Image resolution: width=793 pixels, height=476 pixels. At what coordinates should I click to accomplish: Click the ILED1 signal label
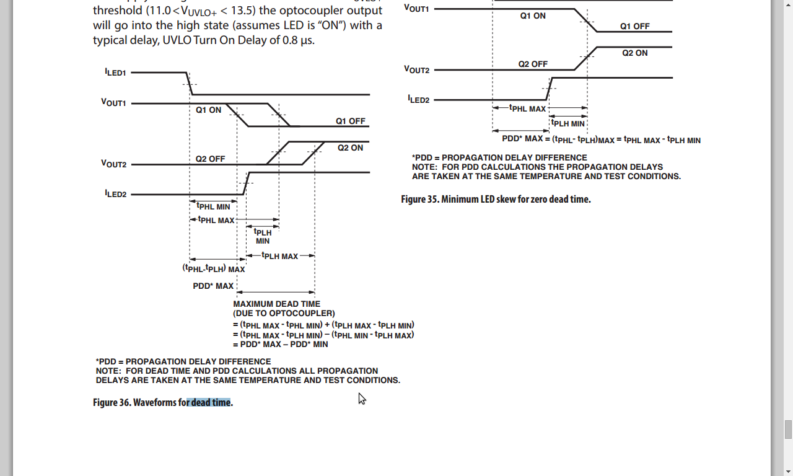point(115,73)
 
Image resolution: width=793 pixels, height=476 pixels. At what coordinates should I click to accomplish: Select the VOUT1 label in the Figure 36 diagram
point(113,103)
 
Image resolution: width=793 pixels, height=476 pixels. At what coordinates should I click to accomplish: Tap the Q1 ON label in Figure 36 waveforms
point(208,110)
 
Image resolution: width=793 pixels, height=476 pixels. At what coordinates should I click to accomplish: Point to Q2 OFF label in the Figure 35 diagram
point(533,64)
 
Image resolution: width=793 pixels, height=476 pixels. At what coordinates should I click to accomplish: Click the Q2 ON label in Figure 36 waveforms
point(350,148)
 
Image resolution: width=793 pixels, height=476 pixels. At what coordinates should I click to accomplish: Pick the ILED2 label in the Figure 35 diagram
point(418,99)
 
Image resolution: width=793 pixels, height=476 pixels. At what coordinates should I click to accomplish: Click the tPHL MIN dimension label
point(213,206)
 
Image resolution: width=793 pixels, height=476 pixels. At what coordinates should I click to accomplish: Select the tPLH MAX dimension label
point(279,256)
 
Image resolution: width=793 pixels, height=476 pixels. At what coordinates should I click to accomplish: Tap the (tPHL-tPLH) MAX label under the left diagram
point(213,269)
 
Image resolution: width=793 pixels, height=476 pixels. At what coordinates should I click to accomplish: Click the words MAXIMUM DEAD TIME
point(276,304)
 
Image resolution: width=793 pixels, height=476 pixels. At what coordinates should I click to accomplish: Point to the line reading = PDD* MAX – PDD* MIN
point(280,344)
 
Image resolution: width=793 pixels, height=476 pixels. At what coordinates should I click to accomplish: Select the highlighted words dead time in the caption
point(210,402)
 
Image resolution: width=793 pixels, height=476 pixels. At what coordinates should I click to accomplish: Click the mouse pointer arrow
point(361,398)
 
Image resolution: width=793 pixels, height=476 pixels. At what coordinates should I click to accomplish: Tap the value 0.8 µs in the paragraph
point(299,40)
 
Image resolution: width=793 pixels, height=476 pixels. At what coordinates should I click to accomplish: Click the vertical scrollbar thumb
point(788,429)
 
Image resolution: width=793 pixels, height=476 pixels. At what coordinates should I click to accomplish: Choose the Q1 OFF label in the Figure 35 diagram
point(634,27)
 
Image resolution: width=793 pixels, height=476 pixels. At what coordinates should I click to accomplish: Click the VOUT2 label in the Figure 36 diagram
point(113,164)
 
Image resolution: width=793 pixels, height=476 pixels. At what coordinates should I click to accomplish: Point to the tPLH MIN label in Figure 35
point(568,124)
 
